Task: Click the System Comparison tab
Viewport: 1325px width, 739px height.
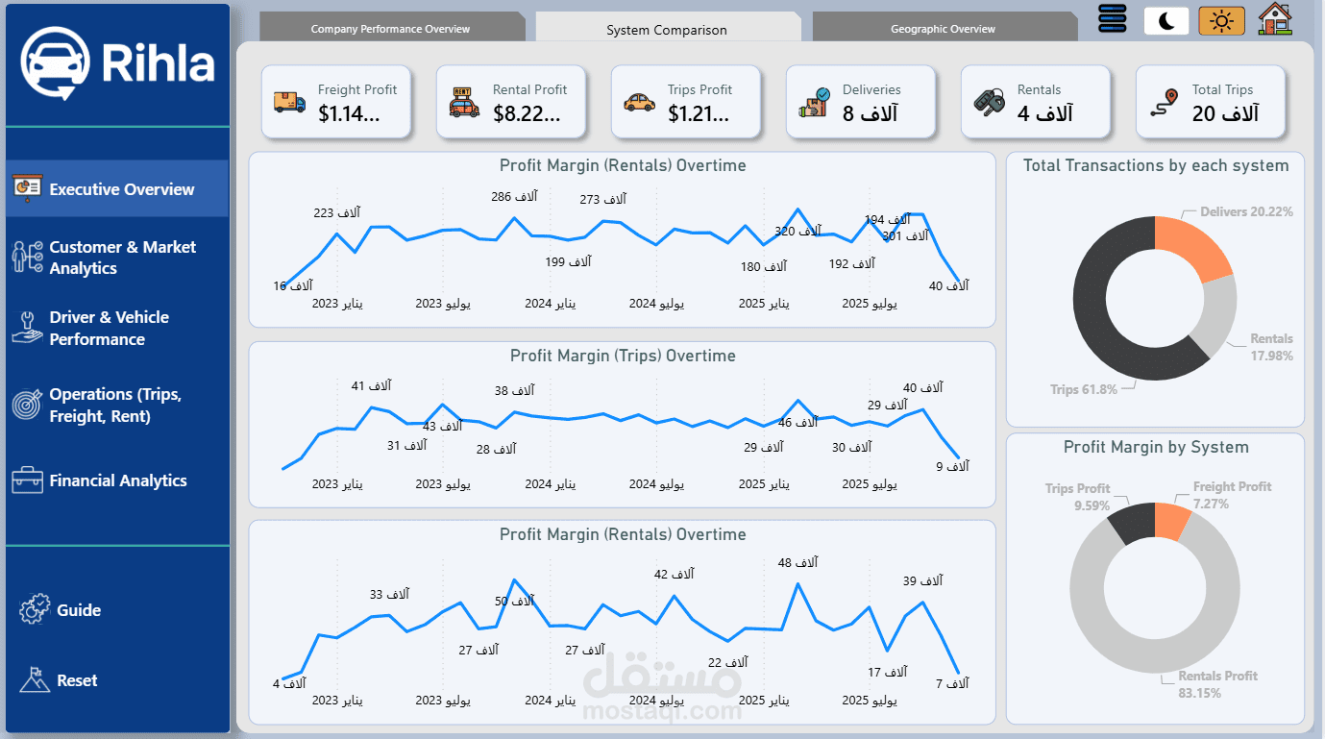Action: point(667,30)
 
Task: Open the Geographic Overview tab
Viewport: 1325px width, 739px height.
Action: point(943,29)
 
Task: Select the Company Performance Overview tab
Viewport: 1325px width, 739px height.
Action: point(390,29)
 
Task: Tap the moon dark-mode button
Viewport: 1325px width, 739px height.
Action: point(1166,21)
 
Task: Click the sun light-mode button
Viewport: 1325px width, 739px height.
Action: point(1221,21)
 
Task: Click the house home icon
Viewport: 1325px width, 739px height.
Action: point(1275,19)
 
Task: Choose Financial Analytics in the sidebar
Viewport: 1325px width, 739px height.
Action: point(117,480)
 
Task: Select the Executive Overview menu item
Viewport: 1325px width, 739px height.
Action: point(121,189)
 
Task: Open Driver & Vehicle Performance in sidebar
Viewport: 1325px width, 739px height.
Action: point(109,328)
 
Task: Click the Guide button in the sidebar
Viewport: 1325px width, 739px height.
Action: point(78,610)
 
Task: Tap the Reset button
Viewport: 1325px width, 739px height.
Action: point(77,680)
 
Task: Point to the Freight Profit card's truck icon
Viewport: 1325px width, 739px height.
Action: point(289,102)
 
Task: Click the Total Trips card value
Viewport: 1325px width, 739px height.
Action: point(1225,114)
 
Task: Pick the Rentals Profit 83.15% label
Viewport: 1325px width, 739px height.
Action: point(1217,683)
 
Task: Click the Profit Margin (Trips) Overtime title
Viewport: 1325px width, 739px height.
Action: point(623,356)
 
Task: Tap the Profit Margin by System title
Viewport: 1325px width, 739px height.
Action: point(1156,447)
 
